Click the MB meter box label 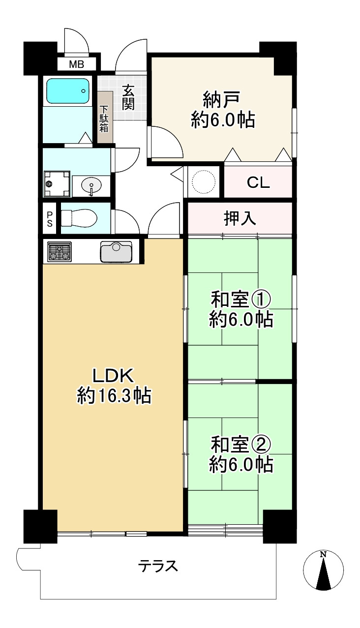click(x=76, y=64)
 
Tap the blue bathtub click(x=68, y=91)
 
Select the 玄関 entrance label click(x=128, y=97)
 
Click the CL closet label click(x=258, y=183)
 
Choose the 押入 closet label click(x=240, y=218)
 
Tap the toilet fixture click(x=79, y=218)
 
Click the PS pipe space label click(x=50, y=218)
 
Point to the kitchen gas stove click(x=60, y=252)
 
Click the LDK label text click(x=114, y=376)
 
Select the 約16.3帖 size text click(x=114, y=396)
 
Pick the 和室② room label click(x=241, y=445)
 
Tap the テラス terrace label click(x=158, y=567)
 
